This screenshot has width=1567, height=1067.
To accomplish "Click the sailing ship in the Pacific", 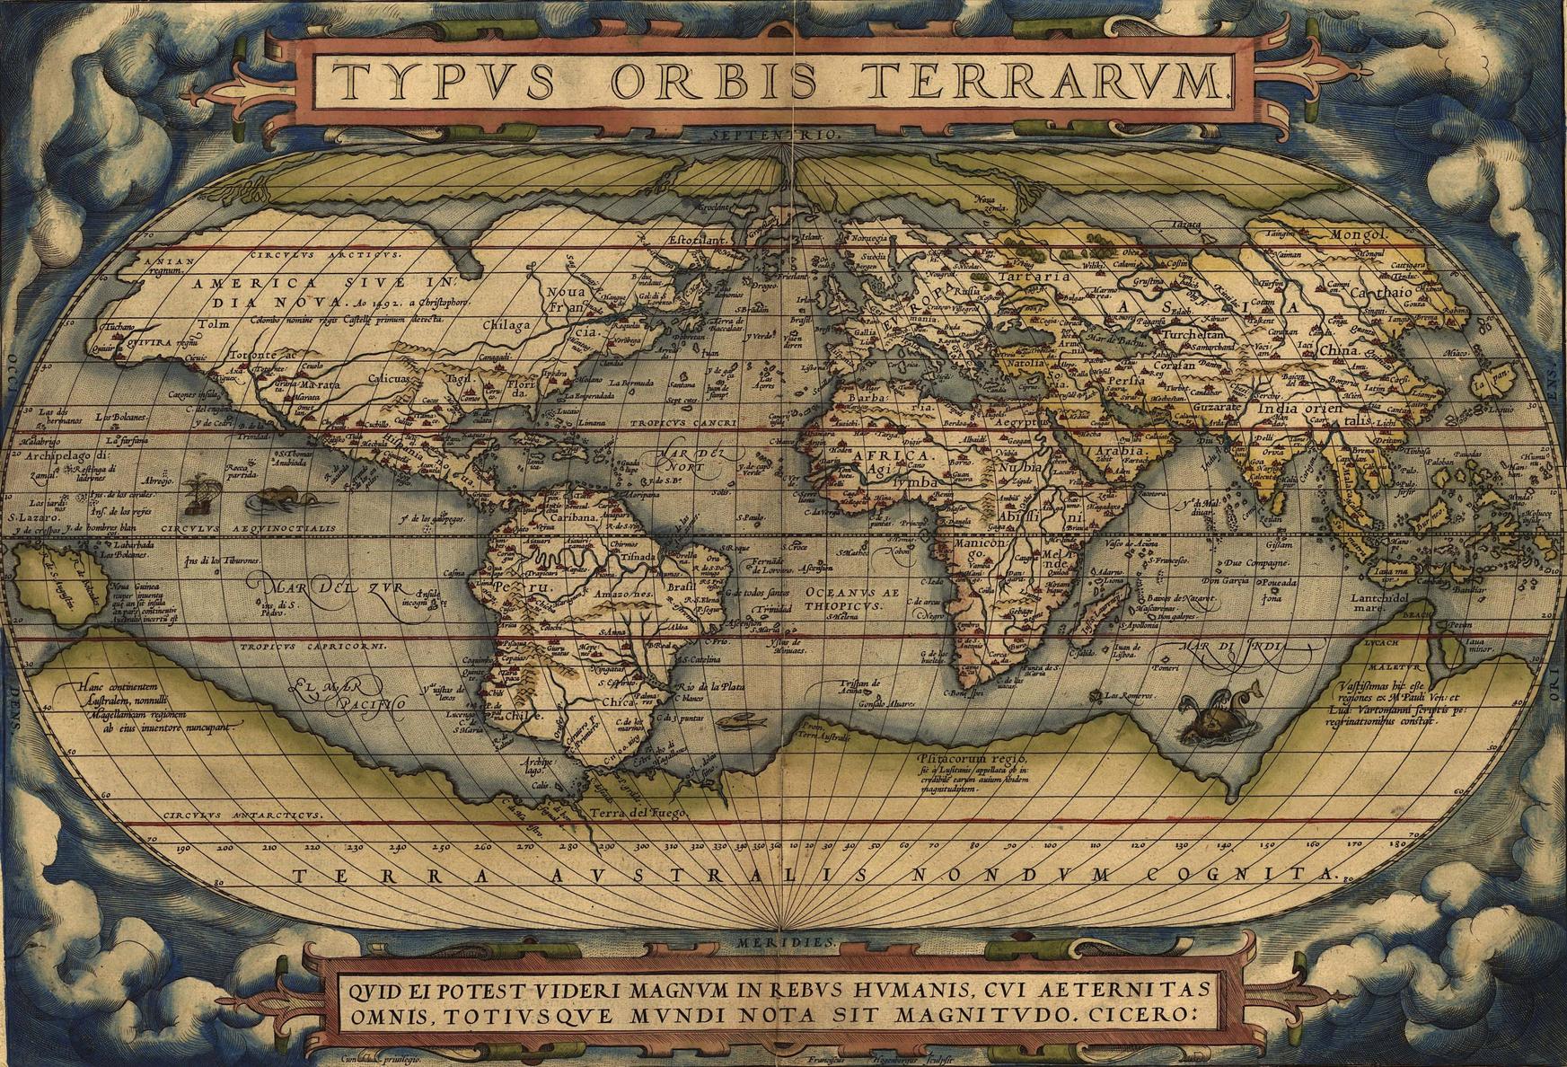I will (196, 492).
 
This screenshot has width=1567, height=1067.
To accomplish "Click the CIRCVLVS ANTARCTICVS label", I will (242, 815).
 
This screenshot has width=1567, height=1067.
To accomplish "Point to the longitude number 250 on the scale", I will (440, 846).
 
